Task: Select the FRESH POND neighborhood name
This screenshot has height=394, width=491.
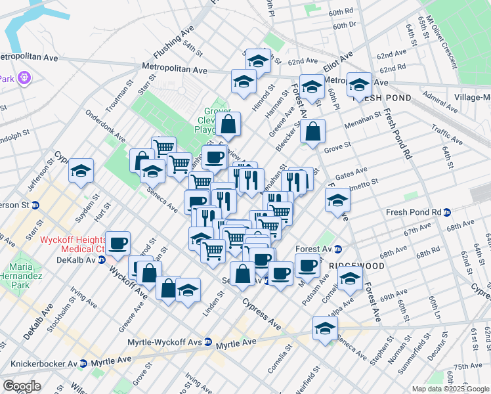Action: point(382,98)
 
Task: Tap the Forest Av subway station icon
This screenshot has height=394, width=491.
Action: point(338,249)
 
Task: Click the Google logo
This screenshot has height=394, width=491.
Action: point(22,386)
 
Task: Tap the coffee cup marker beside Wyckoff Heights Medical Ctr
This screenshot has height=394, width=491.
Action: point(118,244)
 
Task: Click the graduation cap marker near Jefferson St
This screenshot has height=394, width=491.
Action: point(81,171)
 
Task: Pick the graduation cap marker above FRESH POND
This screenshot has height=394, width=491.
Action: point(359,84)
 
